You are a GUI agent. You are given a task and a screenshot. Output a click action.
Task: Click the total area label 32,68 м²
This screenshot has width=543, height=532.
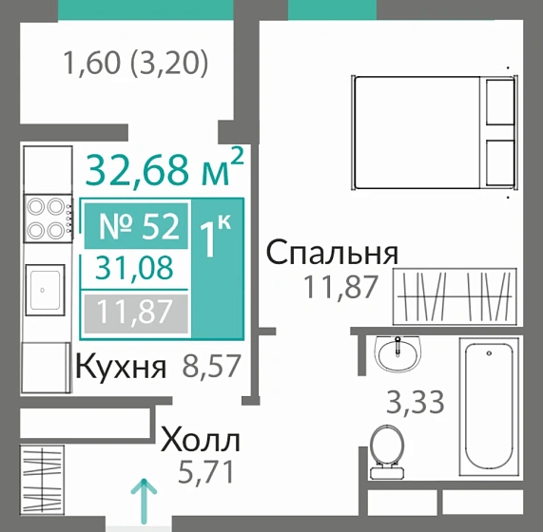coord(165,168)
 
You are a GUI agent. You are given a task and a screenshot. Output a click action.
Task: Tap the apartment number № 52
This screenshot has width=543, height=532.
coord(139,226)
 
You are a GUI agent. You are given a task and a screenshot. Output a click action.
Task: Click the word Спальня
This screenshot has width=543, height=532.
coord(331,254)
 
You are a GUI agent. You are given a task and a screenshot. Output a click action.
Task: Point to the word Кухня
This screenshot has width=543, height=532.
coord(121,365)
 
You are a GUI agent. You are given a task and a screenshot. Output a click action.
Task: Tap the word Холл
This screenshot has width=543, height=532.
coord(201,440)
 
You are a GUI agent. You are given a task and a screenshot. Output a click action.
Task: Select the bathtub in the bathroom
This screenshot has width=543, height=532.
coord(489,408)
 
